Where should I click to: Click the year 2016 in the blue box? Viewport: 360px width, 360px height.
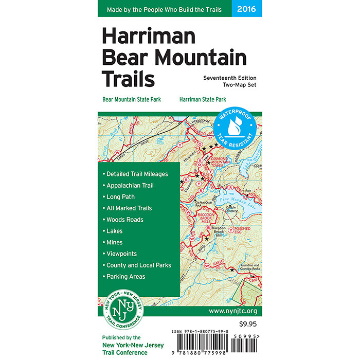point(247,8)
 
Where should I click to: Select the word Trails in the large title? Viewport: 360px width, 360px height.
point(128,79)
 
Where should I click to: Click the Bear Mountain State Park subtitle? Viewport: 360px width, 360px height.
point(132,99)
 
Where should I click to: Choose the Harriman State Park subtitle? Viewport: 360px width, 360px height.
point(203,99)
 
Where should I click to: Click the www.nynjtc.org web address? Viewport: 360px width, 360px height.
point(232,312)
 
